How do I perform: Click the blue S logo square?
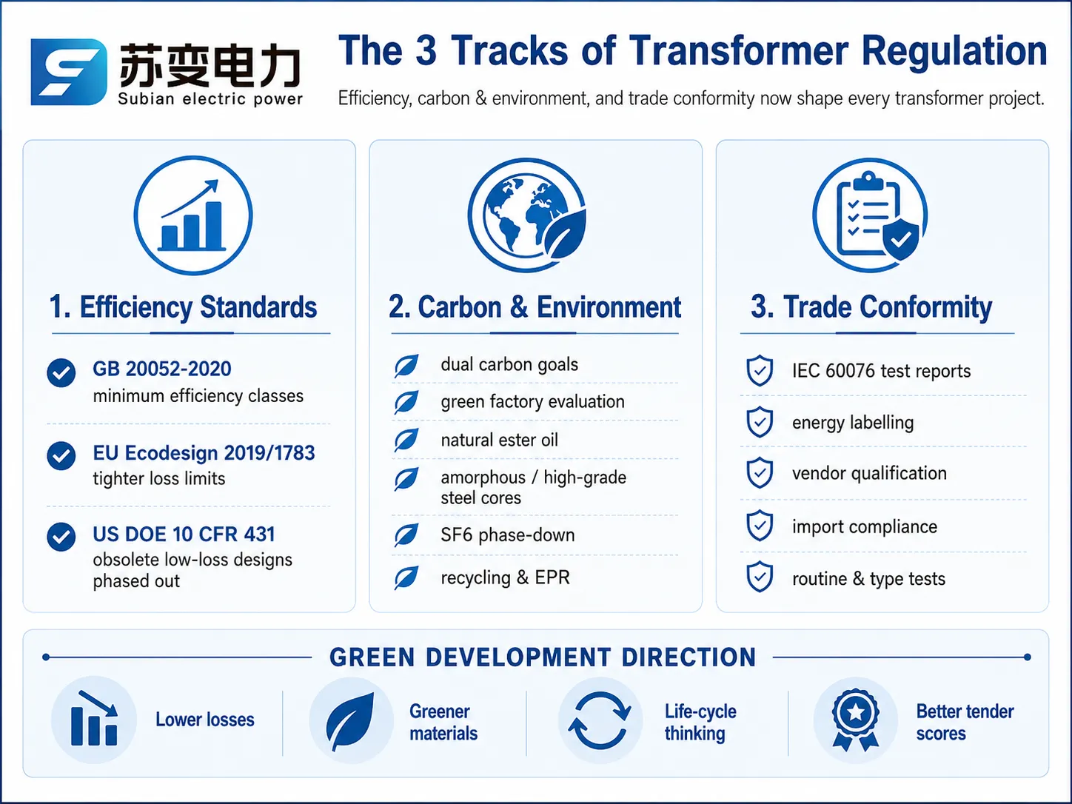pos(68,72)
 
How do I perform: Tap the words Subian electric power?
pos(210,99)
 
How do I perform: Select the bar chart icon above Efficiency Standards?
pos(193,215)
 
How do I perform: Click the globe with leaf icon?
pos(527,215)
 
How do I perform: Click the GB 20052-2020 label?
pos(161,369)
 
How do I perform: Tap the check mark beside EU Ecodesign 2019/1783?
pos(61,456)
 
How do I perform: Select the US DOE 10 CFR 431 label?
pos(184,534)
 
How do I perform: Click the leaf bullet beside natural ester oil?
pos(406,440)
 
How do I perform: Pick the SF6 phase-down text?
pos(507,535)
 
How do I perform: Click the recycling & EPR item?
pos(505,577)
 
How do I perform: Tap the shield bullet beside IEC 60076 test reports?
pos(760,371)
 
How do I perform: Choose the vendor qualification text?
pos(869,474)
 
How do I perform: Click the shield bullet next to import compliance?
pos(760,526)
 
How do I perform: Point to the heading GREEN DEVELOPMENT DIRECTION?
pos(543,657)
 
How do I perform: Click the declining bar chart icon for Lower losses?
pos(94,719)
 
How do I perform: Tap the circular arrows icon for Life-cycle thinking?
pos(600,720)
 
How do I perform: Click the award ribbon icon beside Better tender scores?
pos(856,720)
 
